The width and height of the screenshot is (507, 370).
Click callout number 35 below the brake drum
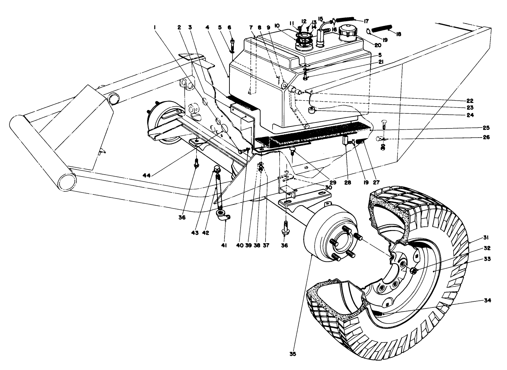(293, 354)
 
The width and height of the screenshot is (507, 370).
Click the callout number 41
(224, 246)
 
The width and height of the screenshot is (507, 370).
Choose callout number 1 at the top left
(154, 28)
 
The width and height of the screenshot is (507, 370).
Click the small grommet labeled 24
(313, 111)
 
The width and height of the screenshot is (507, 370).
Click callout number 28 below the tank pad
(348, 183)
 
